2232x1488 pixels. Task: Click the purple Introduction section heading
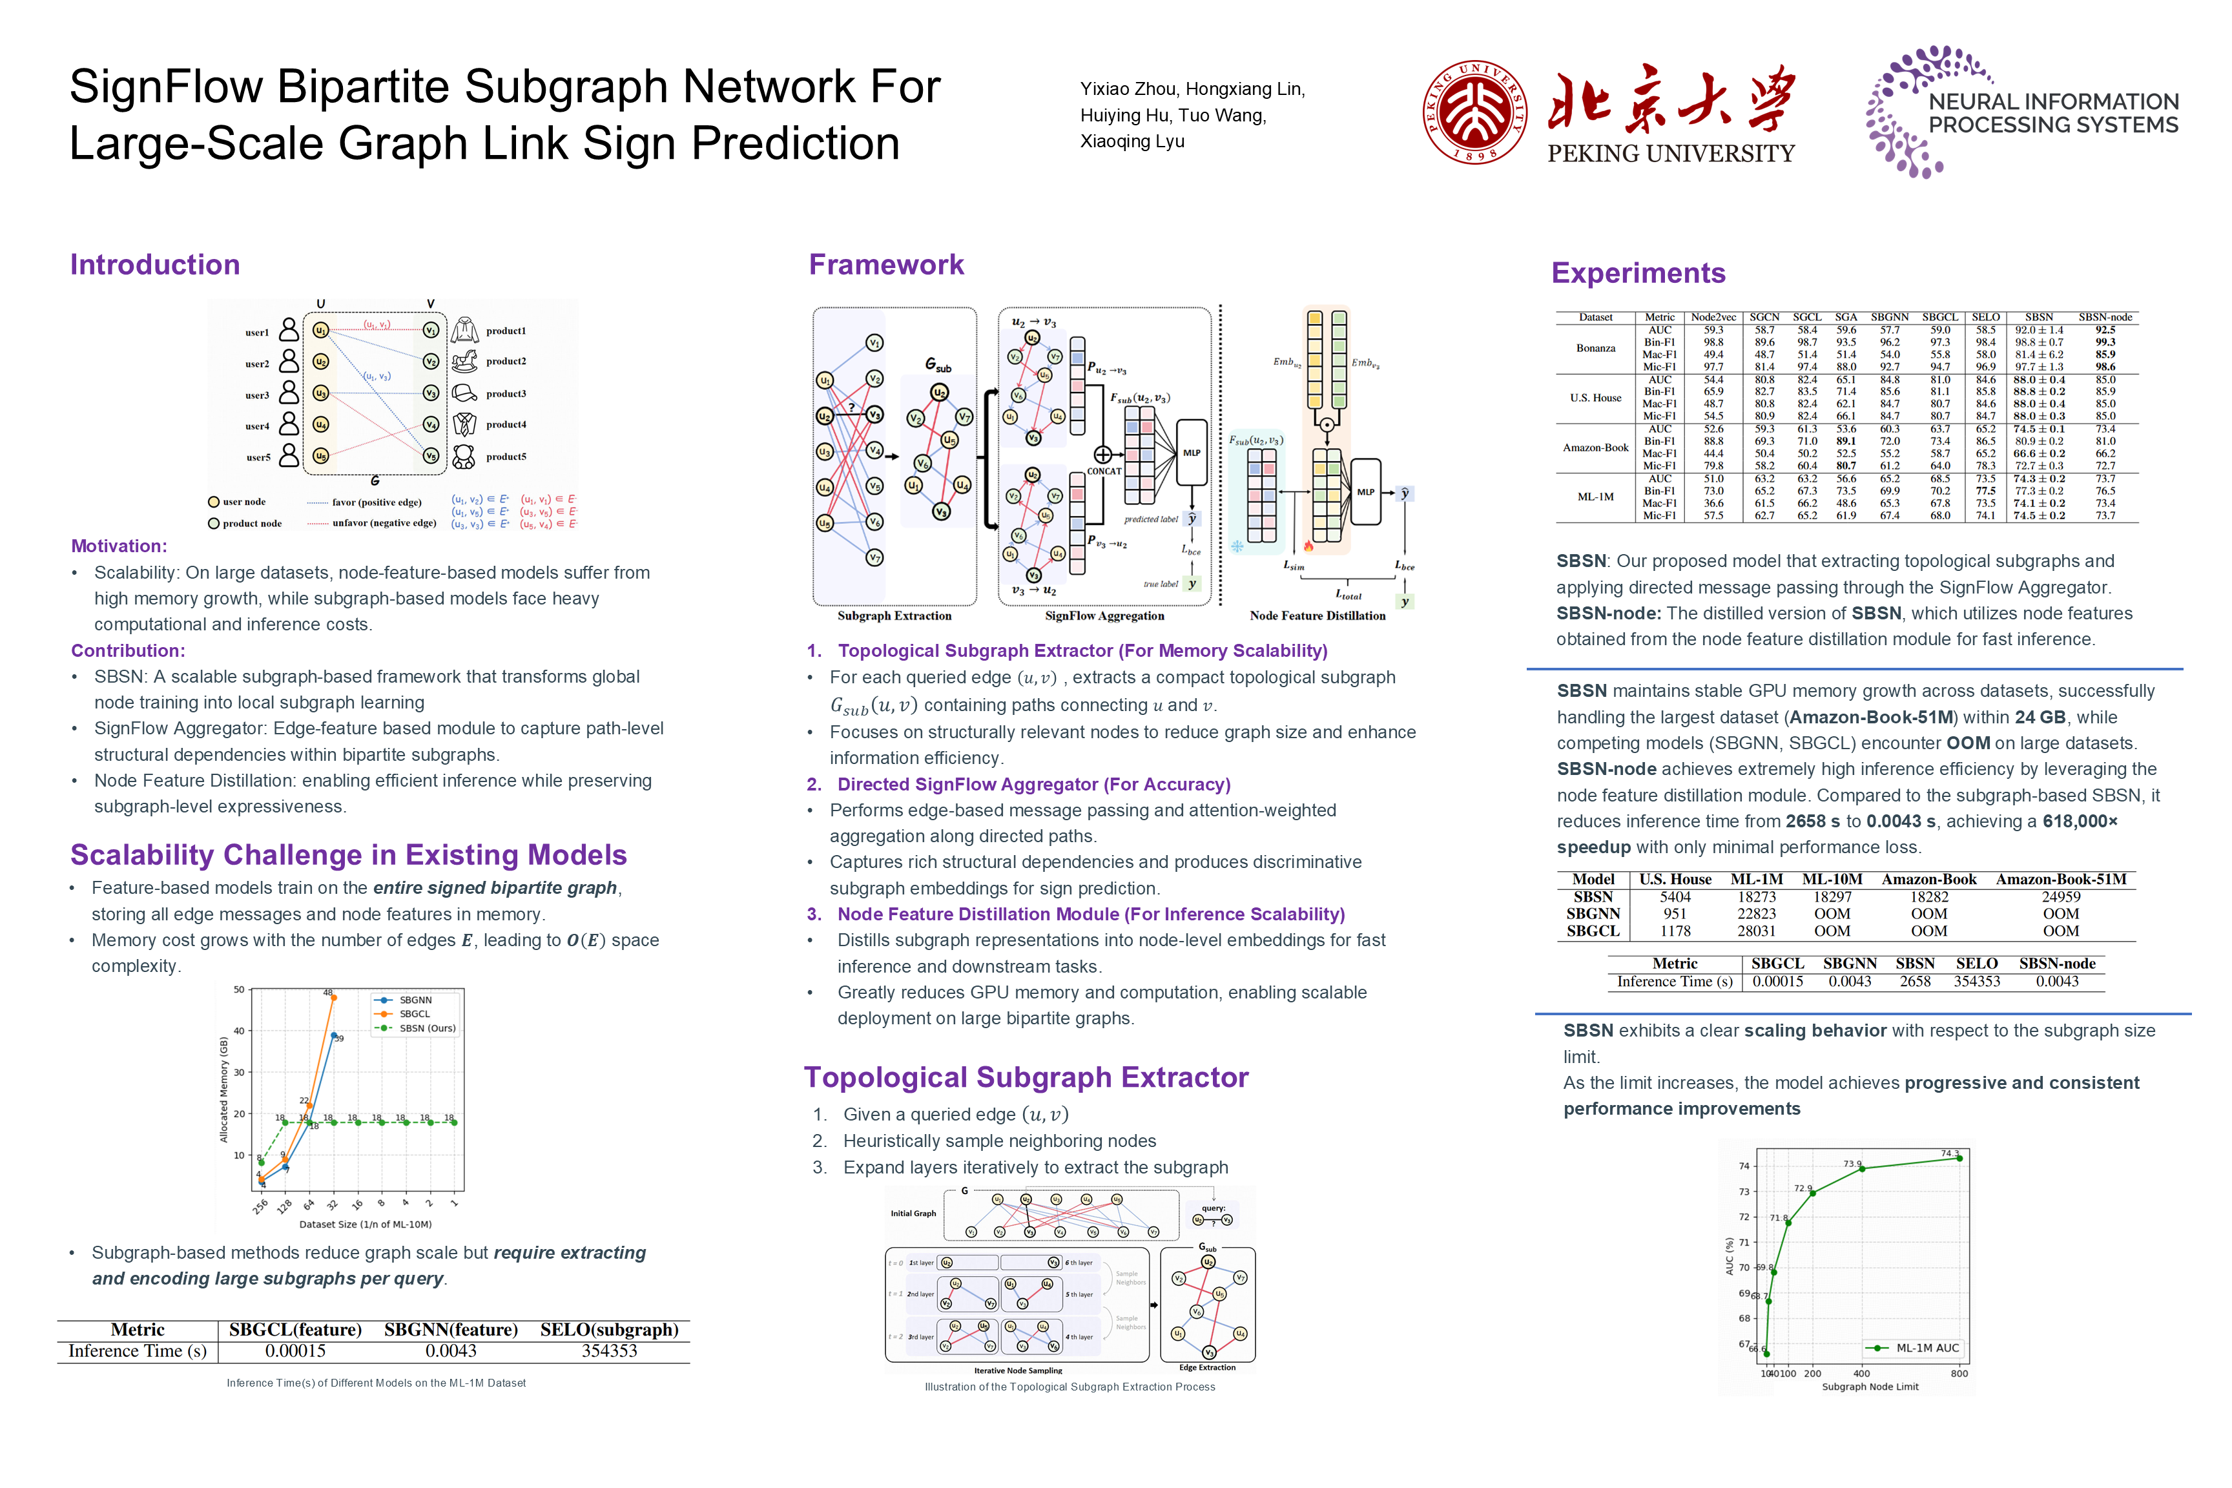155,265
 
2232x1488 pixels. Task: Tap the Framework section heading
885,265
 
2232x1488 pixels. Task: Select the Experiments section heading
1638,273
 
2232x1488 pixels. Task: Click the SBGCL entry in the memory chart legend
414,1013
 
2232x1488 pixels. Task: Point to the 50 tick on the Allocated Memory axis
239,990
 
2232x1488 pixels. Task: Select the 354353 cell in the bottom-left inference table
609,1350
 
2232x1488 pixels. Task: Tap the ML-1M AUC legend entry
1927,1348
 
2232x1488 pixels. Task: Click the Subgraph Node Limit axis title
1870,1387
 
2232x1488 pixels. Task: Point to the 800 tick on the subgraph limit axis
1959,1373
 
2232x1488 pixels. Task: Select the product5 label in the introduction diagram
506,457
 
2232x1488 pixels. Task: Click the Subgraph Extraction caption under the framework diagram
894,616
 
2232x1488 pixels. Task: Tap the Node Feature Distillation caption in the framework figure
1317,616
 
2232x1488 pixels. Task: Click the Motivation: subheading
119,546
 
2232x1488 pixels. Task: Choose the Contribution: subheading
128,651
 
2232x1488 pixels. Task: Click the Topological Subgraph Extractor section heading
1026,1077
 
